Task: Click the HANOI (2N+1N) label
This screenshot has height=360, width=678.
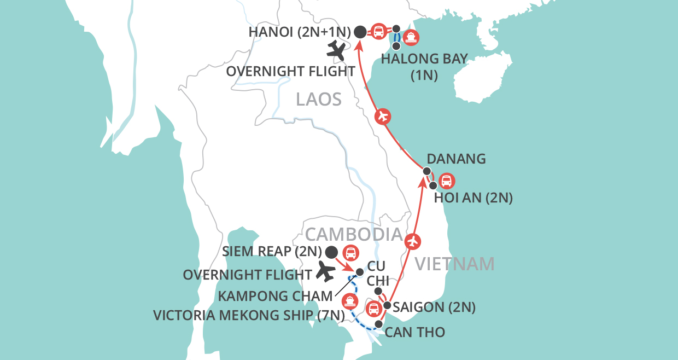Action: point(299,32)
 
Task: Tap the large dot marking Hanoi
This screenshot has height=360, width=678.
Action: point(360,32)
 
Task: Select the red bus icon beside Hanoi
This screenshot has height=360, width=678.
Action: point(378,31)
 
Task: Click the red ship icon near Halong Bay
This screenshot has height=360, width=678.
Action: point(411,38)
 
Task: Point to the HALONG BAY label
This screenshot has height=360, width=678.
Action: point(424,59)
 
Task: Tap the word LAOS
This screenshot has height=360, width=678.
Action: point(319,99)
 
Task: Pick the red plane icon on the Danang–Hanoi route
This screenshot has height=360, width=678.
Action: point(382,116)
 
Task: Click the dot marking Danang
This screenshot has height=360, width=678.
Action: point(426,171)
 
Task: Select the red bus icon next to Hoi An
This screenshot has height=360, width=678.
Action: point(447,181)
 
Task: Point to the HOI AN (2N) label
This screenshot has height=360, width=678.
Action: point(473,198)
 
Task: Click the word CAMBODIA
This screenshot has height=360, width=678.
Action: point(354,234)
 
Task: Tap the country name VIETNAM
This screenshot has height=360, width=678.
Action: point(455,264)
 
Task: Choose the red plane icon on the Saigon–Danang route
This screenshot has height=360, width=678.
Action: point(414,240)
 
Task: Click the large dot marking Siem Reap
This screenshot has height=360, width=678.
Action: point(331,252)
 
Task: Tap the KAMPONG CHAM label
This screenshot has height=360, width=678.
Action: point(275,296)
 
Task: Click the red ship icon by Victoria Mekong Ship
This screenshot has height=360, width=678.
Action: point(349,301)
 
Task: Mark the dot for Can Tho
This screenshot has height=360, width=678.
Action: point(378,324)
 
